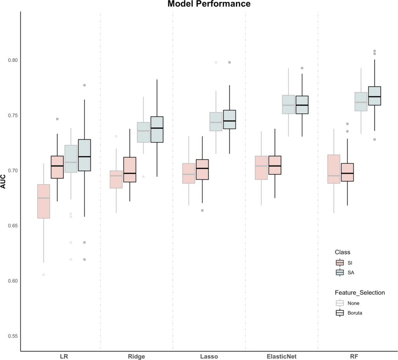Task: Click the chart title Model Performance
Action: [x=209, y=4]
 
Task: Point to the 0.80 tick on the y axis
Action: [x=13, y=60]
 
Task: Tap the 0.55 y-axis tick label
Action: [x=13, y=336]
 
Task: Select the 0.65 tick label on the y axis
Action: [x=13, y=226]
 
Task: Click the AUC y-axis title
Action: [x=3, y=181]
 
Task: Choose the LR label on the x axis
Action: [x=64, y=356]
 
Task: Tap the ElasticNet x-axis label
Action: [x=281, y=356]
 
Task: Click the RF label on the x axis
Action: [x=354, y=356]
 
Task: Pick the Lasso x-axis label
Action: [x=209, y=356]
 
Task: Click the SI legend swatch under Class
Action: [x=340, y=263]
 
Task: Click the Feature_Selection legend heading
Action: [x=360, y=293]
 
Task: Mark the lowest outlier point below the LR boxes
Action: [x=44, y=275]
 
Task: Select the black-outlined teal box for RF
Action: [x=374, y=96]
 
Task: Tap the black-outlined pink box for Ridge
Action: [x=130, y=169]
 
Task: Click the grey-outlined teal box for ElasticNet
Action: [x=288, y=104]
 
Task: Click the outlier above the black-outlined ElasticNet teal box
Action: [x=302, y=68]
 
